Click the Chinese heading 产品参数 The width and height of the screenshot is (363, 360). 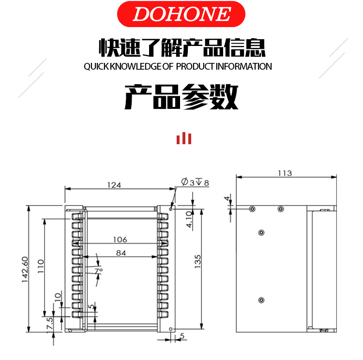pyautogui.click(x=181, y=96)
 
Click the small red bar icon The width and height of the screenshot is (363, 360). pyautogui.click(x=183, y=138)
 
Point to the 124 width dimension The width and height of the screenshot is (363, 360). pyautogui.click(x=114, y=185)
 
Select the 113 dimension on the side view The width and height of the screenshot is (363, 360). pyautogui.click(x=285, y=173)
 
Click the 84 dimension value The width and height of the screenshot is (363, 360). pyautogui.click(x=121, y=253)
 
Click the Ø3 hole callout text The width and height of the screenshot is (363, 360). pyautogui.click(x=195, y=182)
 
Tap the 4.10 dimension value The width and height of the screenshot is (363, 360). pyautogui.click(x=189, y=219)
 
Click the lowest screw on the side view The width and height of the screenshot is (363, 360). pyautogui.click(x=261, y=300)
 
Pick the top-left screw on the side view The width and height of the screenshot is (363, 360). pyautogui.click(x=252, y=209)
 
